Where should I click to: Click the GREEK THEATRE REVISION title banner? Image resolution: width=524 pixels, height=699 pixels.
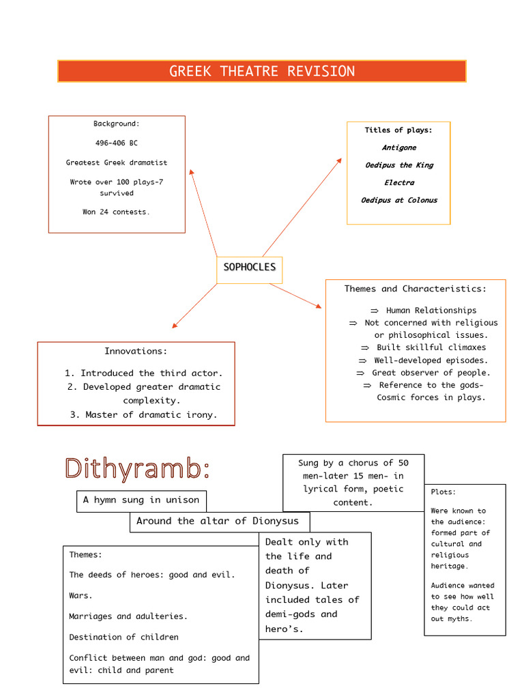tap(262, 71)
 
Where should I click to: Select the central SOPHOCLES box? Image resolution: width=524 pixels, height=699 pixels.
tap(249, 267)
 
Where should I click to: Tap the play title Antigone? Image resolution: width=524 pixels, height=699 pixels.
tap(398, 147)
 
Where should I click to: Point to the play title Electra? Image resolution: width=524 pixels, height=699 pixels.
tap(398, 183)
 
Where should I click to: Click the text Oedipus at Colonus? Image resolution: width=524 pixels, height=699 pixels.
tap(398, 201)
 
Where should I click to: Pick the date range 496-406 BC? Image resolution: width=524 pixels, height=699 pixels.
tap(116, 143)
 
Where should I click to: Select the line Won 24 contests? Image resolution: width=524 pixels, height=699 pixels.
tap(116, 212)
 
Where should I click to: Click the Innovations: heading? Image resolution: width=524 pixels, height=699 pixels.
tap(135, 352)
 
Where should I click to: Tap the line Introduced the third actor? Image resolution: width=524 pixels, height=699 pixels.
tap(143, 373)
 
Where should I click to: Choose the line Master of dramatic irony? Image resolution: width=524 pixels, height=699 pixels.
tap(143, 414)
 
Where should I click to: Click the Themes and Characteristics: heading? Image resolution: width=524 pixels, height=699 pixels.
tap(415, 289)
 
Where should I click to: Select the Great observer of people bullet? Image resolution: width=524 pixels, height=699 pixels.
tap(431, 373)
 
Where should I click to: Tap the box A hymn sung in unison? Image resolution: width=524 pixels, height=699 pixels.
tap(141, 500)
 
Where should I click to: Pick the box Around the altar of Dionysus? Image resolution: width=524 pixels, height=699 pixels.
tap(218, 522)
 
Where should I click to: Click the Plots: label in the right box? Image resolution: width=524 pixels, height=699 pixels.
tap(443, 492)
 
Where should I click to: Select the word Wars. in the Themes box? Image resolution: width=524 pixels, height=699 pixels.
tap(81, 596)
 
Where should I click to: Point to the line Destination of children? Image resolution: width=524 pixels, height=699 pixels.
tap(123, 637)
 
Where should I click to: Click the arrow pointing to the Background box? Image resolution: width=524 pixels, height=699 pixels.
tap(203, 211)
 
